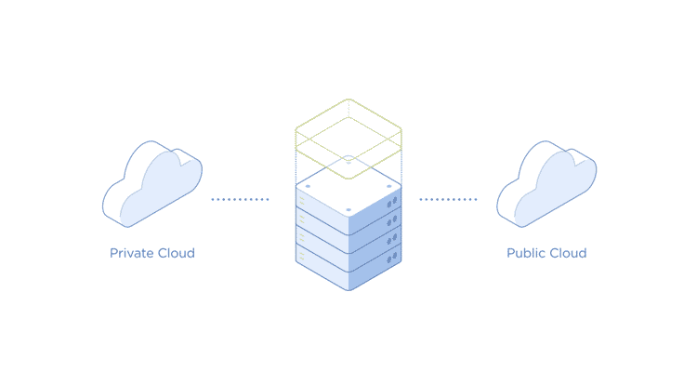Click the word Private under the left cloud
pyautogui.click(x=129, y=253)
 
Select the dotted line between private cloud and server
pyautogui.click(x=240, y=199)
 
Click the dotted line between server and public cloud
pyautogui.click(x=448, y=199)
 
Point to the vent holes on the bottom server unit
pyautogui.click(x=392, y=259)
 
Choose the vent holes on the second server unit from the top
pyautogui.click(x=392, y=220)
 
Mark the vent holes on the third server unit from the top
pyautogui.click(x=392, y=239)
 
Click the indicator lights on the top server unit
pyautogui.click(x=302, y=200)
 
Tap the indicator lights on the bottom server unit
pyautogui.click(x=302, y=257)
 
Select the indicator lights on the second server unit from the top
pyautogui.click(x=302, y=219)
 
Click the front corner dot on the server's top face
pyautogui.click(x=348, y=210)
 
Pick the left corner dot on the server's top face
pyautogui.click(x=308, y=186)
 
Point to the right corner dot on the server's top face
pyautogui.click(x=389, y=186)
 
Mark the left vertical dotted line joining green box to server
pyautogui.click(x=296, y=163)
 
